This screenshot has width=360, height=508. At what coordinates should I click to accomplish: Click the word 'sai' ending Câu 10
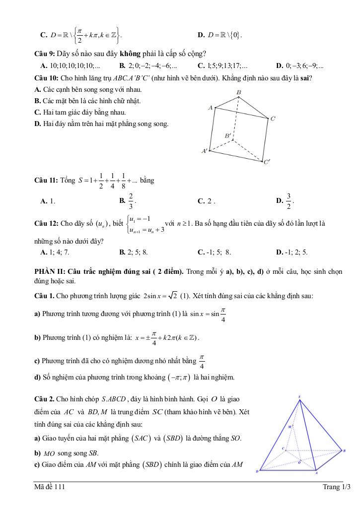(x=306, y=78)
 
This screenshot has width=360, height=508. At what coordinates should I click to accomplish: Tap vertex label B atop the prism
(x=238, y=93)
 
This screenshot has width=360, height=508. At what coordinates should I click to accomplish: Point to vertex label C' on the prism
(x=267, y=162)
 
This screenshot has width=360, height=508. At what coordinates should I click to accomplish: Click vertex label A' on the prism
(x=204, y=150)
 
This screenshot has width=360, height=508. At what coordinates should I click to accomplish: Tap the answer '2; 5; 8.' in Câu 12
(x=137, y=252)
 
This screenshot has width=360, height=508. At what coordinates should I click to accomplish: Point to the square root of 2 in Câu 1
(x=172, y=296)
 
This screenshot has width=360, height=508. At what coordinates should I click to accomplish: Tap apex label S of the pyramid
(x=300, y=396)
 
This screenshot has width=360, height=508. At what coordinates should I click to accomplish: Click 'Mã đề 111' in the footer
(x=50, y=487)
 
